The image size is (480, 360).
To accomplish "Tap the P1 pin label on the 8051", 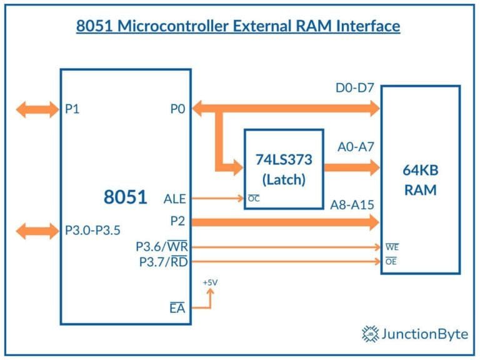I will [72, 109].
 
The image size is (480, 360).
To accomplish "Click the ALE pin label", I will [174, 198].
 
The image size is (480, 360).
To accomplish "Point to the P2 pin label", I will [178, 221].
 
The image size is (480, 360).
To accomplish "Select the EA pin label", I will [177, 307].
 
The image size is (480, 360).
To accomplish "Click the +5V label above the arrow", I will [210, 282].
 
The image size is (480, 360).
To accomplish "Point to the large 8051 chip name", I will [125, 197].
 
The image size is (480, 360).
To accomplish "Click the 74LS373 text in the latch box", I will [284, 159].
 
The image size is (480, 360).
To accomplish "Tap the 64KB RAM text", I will [420, 179].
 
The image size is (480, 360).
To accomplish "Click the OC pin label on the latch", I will [254, 199].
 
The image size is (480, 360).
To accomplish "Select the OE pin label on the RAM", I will [391, 262].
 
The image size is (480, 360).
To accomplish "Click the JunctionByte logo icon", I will [371, 334].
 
